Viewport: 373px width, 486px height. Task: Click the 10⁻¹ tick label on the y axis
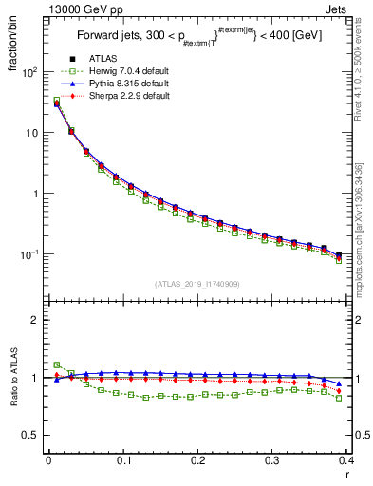[28, 254]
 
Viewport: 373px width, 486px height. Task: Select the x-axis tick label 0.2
[197, 462]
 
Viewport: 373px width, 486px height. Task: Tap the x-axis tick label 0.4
[346, 462]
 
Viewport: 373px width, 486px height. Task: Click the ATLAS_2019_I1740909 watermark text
[197, 284]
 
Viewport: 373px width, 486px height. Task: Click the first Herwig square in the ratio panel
[56, 364]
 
